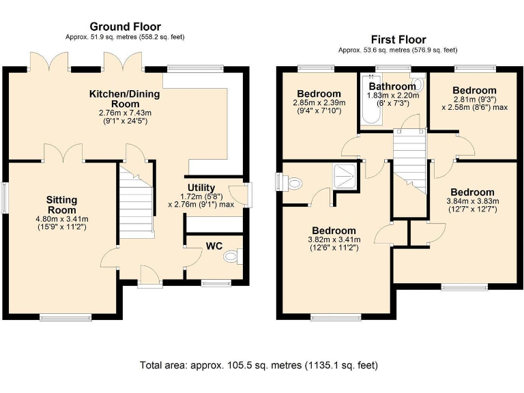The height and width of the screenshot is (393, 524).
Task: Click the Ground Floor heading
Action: pos(126,27)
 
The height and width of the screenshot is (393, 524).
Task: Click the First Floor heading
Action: pos(398,40)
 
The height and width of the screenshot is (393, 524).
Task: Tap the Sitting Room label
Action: pos(62,205)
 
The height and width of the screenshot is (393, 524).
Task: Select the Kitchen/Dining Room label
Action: pos(125,98)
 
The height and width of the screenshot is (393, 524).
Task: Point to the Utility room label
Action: pos(201,188)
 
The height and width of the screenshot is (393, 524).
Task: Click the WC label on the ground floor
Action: pos(214,246)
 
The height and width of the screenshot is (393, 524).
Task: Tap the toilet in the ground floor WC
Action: pos(233,257)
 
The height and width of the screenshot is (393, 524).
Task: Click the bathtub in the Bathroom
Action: pos(371,100)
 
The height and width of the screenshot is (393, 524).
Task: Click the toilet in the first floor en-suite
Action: pos(289,183)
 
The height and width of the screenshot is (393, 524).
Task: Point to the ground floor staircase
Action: pos(136,201)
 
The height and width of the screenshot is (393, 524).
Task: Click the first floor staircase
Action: pos(409,162)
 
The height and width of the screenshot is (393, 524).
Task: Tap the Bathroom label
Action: pos(392,86)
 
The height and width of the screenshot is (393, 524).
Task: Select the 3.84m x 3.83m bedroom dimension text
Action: pos(473,201)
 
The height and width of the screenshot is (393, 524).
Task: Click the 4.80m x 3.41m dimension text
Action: pos(62,219)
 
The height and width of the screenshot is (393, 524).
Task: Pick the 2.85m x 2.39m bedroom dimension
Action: pos(319,102)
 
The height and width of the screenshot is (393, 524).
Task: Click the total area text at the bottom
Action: pos(259,365)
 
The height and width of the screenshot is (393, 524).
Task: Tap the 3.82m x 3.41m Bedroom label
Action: pos(334,231)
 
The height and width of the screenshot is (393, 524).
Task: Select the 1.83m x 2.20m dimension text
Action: pos(393,96)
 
